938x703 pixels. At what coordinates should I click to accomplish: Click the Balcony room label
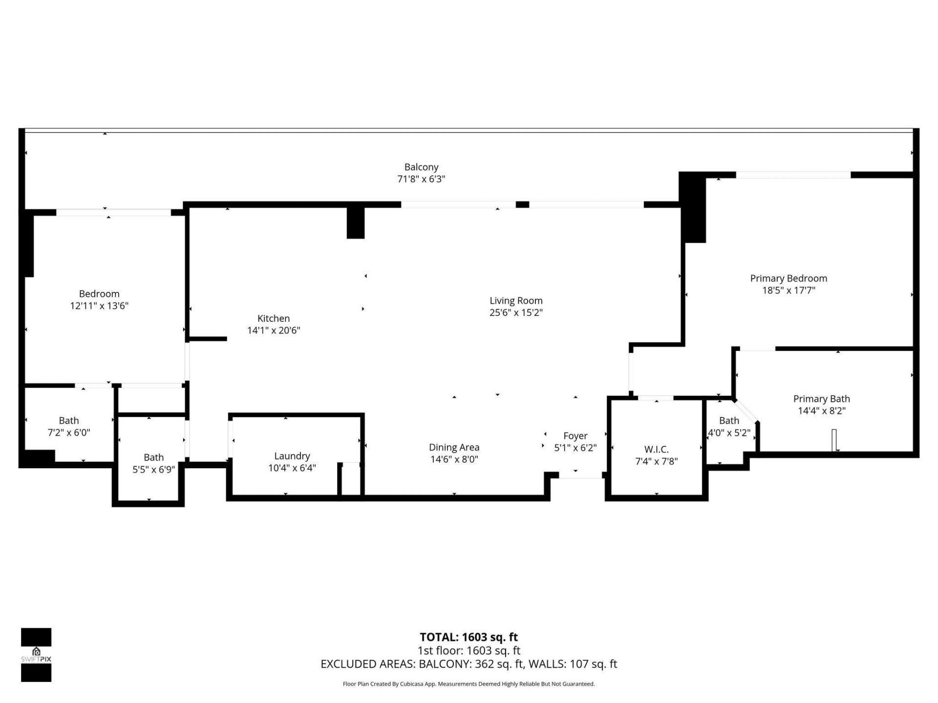tap(421, 167)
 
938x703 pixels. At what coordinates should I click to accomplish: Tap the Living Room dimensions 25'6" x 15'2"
tap(516, 313)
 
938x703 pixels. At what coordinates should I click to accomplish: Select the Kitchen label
tap(274, 319)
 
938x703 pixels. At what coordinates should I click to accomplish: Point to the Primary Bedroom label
tap(789, 279)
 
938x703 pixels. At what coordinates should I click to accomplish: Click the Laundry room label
tap(292, 456)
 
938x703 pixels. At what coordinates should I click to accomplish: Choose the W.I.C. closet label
tap(656, 450)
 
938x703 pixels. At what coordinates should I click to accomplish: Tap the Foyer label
tap(575, 436)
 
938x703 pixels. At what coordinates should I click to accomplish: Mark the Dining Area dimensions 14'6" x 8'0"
tap(454, 459)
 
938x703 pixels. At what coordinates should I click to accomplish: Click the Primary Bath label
tap(821, 399)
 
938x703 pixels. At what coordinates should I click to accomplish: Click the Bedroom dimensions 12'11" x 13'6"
tap(99, 306)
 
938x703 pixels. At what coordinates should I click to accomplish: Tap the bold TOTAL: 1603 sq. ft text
tap(469, 637)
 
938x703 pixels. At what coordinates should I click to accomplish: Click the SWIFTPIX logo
tap(36, 655)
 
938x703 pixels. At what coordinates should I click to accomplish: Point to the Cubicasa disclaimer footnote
tap(469, 684)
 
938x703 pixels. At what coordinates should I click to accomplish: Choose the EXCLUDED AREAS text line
tap(469, 664)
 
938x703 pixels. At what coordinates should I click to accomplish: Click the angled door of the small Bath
tap(746, 411)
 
